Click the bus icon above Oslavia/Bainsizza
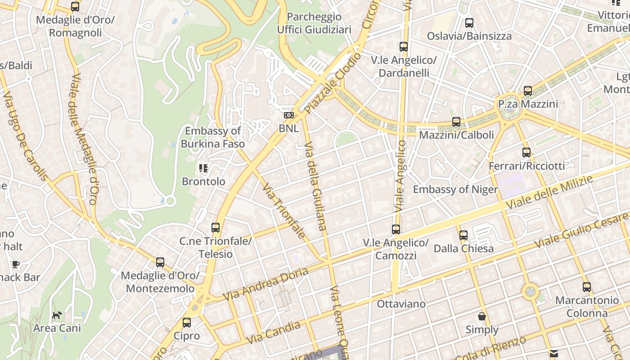(x=469, y=22)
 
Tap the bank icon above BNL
(x=288, y=115)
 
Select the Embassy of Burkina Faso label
(x=213, y=137)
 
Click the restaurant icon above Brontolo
(x=203, y=168)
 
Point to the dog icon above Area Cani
(x=57, y=315)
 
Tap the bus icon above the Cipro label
(x=187, y=322)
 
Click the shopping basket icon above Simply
(x=482, y=316)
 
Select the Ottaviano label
(x=401, y=304)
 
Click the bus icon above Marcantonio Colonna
(x=587, y=287)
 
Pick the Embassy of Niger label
(x=455, y=189)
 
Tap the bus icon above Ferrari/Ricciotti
(x=526, y=153)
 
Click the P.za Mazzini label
(x=528, y=104)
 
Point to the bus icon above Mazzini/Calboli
(x=456, y=121)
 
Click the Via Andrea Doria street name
(x=265, y=284)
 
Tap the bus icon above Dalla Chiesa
(x=463, y=235)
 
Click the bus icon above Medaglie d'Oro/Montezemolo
(x=160, y=262)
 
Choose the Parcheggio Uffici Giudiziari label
(x=314, y=23)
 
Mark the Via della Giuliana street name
(x=315, y=186)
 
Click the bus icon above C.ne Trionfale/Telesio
(x=216, y=228)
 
